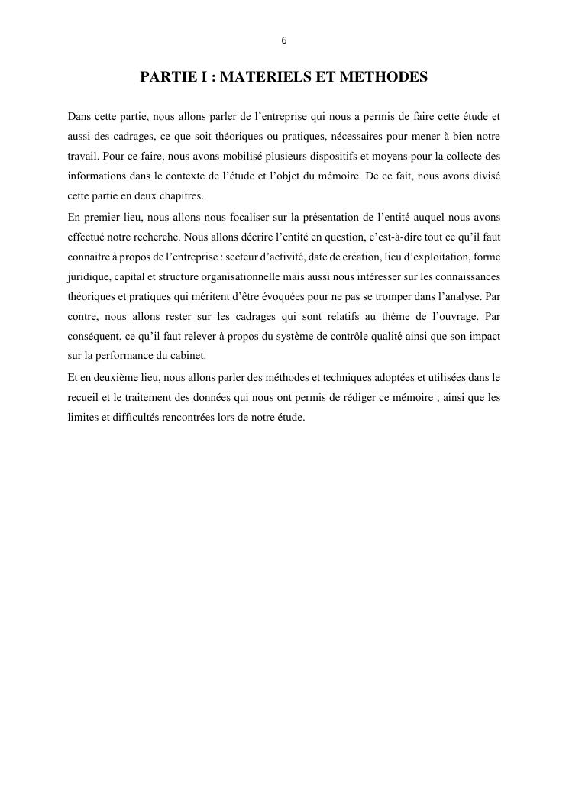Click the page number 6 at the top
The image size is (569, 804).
[284, 40]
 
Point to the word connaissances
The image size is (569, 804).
[468, 276]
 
